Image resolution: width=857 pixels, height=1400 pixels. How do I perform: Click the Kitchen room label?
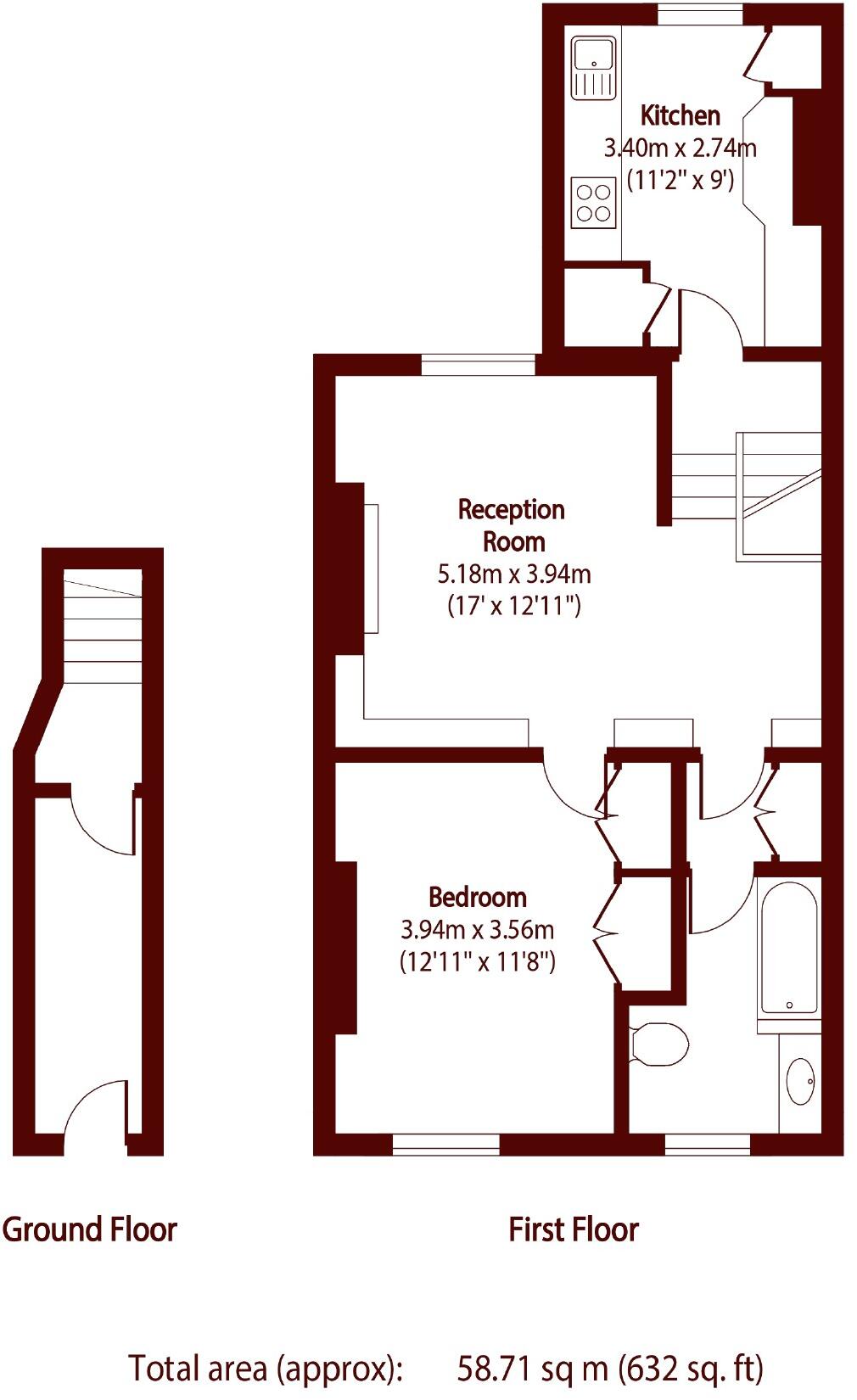(x=680, y=115)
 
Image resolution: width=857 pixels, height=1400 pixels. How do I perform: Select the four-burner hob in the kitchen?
(x=594, y=203)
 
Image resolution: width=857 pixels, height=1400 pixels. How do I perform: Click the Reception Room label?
(x=512, y=525)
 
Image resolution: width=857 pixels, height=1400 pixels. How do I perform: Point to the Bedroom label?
(x=478, y=897)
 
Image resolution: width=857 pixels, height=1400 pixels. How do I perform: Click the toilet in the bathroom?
(x=660, y=1044)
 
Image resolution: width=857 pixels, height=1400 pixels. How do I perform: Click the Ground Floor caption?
(x=89, y=1229)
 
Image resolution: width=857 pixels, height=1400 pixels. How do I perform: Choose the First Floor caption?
(x=574, y=1229)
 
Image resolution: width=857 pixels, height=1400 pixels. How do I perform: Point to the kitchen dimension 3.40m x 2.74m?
(x=680, y=148)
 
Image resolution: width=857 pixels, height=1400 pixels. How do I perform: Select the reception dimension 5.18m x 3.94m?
(x=514, y=574)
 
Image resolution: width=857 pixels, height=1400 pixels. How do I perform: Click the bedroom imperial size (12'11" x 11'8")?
(x=478, y=962)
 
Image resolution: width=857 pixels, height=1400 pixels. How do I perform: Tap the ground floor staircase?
(x=103, y=629)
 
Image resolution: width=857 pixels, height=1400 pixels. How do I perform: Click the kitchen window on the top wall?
(x=701, y=15)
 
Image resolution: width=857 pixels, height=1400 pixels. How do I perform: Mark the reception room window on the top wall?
(x=479, y=365)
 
